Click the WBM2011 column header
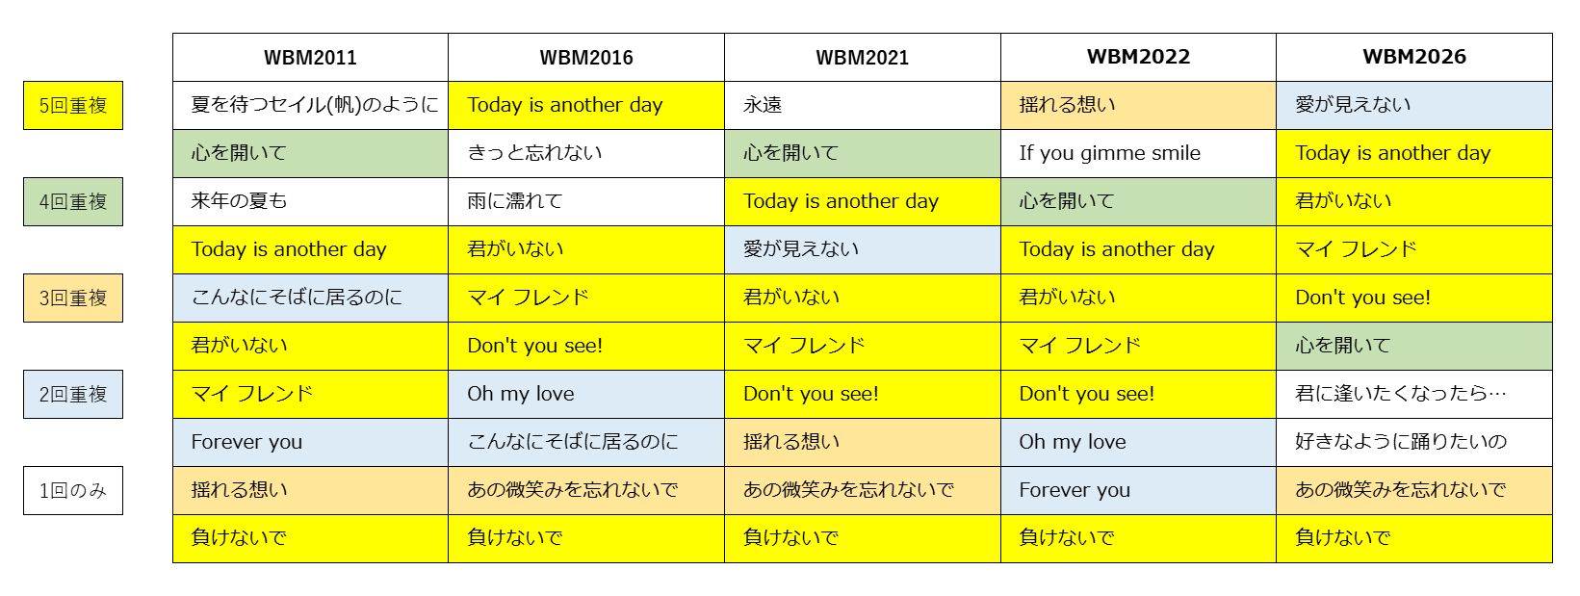coord(310,57)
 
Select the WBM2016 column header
coord(586,57)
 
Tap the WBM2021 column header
coord(862,57)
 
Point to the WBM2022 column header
coord(1138,57)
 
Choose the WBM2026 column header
coord(1414,57)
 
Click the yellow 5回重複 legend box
coord(73,105)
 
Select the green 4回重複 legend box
coord(73,202)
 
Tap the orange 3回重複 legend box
coord(73,298)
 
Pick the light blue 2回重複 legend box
coord(73,394)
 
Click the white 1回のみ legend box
coord(73,490)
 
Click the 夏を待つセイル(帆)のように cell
coord(310,105)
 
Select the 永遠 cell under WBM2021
coord(862,105)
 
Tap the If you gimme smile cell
coord(1138,153)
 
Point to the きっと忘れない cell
coord(586,153)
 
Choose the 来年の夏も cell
coord(310,202)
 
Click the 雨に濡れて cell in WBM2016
coord(586,202)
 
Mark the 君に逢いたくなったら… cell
coord(1414,394)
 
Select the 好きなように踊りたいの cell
coord(1414,442)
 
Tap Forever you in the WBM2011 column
coord(310,442)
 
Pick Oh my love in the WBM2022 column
coord(1138,442)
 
